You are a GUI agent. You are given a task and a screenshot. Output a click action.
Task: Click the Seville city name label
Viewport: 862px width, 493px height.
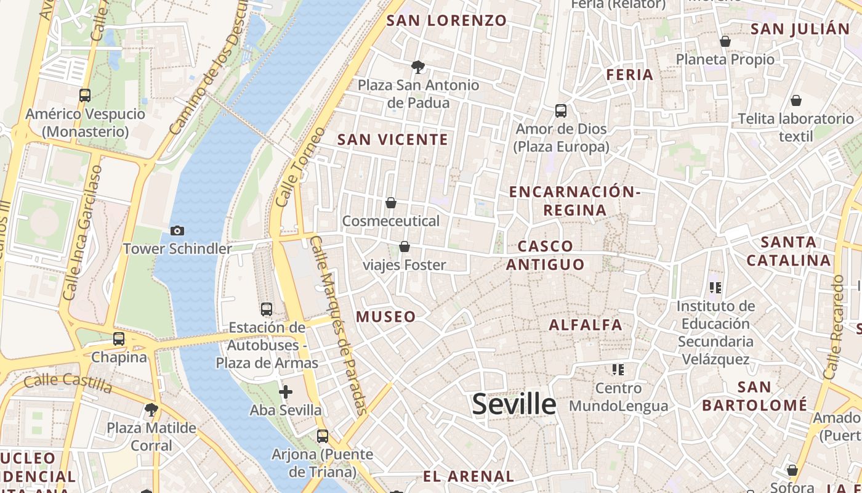pyautogui.click(x=514, y=404)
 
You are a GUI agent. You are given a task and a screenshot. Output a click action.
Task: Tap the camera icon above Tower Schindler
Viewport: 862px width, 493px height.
pyautogui.click(x=177, y=230)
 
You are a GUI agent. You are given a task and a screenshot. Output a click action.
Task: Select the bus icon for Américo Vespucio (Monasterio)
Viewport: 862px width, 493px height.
pyautogui.click(x=85, y=96)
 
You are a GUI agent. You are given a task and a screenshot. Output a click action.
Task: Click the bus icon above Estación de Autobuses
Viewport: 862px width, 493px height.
pyautogui.click(x=267, y=309)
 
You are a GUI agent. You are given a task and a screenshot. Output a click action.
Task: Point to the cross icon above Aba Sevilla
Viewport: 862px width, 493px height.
pyautogui.click(x=286, y=392)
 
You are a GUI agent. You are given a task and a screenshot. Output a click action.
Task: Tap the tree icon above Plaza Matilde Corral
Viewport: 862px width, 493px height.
pyautogui.click(x=151, y=409)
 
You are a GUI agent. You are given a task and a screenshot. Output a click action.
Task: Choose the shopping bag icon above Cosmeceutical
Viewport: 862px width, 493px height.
pyautogui.click(x=390, y=203)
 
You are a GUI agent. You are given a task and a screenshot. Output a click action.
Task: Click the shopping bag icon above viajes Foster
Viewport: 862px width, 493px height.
pyautogui.click(x=405, y=246)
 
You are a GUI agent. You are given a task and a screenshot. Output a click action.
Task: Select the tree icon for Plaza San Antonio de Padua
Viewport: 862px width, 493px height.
pyautogui.click(x=418, y=67)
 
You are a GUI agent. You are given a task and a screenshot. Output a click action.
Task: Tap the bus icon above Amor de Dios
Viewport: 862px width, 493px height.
pyautogui.click(x=561, y=111)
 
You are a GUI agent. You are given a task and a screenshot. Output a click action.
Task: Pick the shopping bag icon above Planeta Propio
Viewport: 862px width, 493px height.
pyautogui.click(x=725, y=41)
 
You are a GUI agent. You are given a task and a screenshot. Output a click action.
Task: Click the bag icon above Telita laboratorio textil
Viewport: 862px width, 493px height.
pyautogui.click(x=796, y=100)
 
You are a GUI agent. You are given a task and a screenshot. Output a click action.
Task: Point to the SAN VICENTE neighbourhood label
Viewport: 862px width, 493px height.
pyautogui.click(x=393, y=140)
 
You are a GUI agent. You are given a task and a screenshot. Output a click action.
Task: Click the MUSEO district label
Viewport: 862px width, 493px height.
pyautogui.click(x=386, y=317)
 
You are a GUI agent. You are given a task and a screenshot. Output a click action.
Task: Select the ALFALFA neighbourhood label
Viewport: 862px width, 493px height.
pyautogui.click(x=586, y=325)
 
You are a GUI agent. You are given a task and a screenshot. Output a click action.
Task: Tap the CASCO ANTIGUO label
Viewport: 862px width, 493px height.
pyautogui.click(x=545, y=255)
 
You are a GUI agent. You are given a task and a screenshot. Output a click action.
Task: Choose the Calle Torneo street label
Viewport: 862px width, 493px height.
pyautogui.click(x=300, y=167)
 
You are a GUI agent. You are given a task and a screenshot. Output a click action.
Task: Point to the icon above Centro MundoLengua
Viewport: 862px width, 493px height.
pyautogui.click(x=618, y=370)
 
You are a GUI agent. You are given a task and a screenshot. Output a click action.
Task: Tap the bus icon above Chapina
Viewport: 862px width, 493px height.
pyautogui.click(x=119, y=339)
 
